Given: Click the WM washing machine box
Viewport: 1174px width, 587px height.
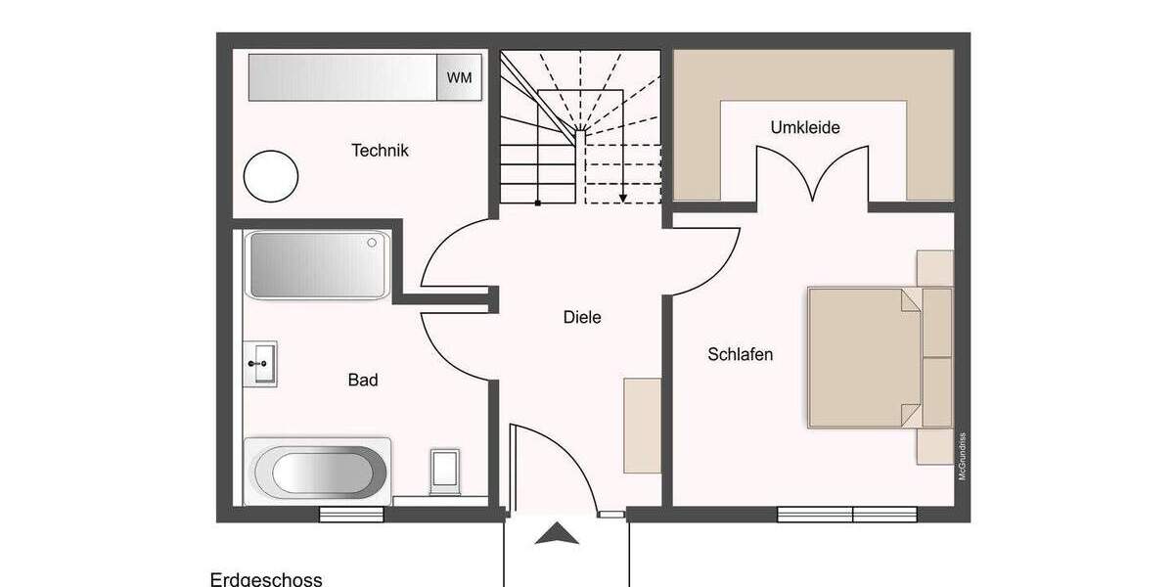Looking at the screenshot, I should click(459, 77).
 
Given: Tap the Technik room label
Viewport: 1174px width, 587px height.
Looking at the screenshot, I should click(380, 151).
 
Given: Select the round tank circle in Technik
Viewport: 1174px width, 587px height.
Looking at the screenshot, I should click(270, 176).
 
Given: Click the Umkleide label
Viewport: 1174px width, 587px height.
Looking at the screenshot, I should click(805, 127).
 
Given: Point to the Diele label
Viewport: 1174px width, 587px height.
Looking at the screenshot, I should click(582, 317).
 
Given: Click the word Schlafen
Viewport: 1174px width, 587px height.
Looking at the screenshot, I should click(741, 354).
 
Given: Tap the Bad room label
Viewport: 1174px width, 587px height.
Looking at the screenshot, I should click(363, 380).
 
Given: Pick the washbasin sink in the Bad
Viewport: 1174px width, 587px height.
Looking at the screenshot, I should click(261, 364).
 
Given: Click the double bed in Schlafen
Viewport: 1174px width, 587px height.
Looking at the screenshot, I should click(864, 357).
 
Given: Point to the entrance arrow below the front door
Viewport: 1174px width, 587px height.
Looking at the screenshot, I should click(558, 534).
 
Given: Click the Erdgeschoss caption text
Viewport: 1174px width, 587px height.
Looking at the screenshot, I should click(266, 579).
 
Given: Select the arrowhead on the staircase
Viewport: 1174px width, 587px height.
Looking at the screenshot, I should click(622, 199).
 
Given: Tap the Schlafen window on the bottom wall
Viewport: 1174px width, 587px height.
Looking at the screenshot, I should click(847, 514).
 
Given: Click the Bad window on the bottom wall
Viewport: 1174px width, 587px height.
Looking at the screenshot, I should click(351, 514).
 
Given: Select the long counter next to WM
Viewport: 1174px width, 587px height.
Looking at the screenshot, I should click(341, 77).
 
